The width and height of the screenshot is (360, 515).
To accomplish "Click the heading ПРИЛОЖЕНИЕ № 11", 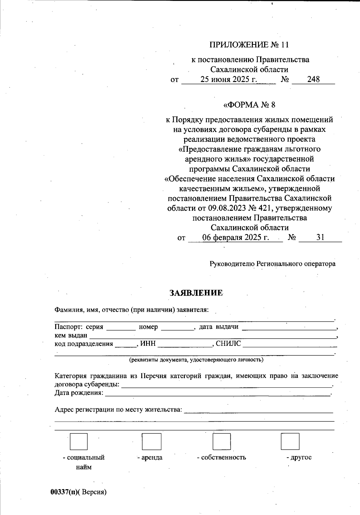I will coord(249,45).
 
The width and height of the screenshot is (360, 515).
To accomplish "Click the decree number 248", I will coord(313,79).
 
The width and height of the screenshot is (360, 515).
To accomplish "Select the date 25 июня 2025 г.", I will coord(229,80).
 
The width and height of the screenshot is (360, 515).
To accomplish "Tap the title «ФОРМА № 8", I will coord(249,105).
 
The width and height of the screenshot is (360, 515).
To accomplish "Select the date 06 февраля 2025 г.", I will coord(235,237).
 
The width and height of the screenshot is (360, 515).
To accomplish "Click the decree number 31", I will coord(320,237).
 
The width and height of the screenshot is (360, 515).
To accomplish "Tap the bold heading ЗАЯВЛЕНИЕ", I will coord(196,293).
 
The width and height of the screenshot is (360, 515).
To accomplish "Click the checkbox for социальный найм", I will coord(79,441).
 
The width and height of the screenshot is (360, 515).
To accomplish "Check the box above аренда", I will coord(151,441).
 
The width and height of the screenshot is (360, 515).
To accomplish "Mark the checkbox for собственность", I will coord(221,441).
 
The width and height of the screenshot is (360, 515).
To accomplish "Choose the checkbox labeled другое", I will coord(290,441).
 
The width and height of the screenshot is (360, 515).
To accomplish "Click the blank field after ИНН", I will coord(185,344).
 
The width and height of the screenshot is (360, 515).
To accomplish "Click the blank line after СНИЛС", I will coord(288,344).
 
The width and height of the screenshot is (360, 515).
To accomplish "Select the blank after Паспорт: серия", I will coord(121,327).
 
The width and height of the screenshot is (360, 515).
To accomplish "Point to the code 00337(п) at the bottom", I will coord(64,492).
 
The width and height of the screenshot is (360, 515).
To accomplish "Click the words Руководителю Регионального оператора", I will coord(272,264).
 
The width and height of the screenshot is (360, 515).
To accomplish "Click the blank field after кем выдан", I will coord(213,336).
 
